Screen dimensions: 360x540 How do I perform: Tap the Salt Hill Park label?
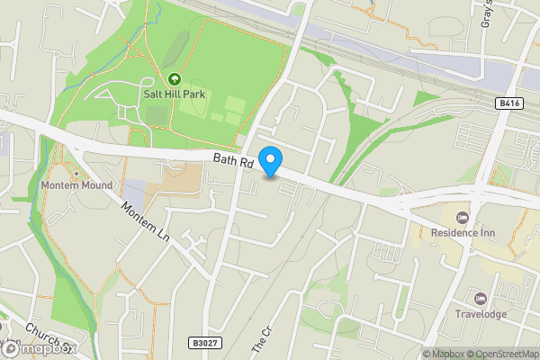[175, 93]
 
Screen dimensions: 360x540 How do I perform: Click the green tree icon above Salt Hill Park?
[175, 78]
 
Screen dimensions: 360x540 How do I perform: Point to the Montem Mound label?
[76, 185]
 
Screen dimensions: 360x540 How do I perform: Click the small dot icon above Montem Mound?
[76, 174]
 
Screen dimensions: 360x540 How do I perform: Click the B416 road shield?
[509, 104]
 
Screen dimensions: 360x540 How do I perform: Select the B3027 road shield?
[205, 342]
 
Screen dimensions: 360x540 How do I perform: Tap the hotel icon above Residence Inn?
[463, 217]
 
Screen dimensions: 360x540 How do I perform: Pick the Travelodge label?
[480, 314]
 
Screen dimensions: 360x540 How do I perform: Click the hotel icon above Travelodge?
[480, 299]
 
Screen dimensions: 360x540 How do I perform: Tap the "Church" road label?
[40, 334]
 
